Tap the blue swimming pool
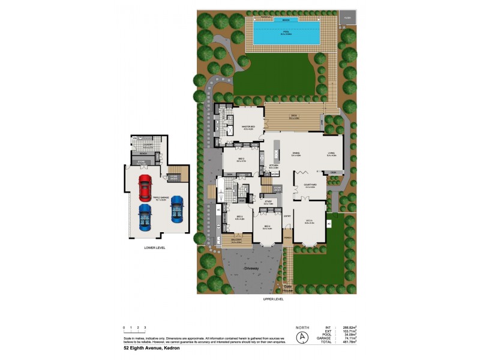285,35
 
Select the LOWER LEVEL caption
155,247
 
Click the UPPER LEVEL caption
273,298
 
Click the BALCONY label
236,241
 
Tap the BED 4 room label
267,227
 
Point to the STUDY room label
268,202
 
